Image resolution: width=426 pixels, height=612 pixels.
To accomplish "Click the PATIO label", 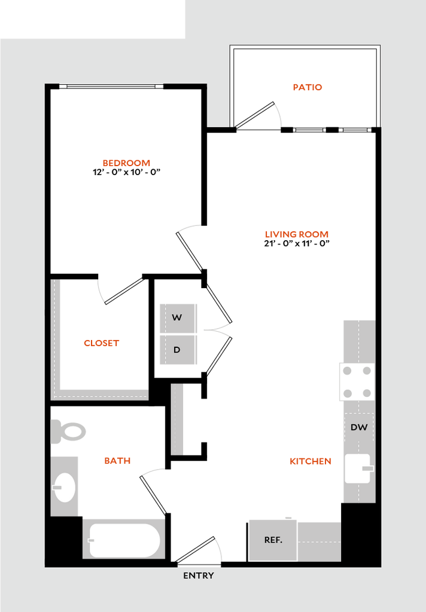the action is (x=308, y=87).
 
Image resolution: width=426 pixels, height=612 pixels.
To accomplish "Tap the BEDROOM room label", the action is (x=126, y=163).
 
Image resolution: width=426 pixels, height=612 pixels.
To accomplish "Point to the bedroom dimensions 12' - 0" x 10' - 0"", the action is (x=127, y=172).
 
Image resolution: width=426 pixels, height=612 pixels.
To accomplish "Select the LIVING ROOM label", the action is (x=297, y=234).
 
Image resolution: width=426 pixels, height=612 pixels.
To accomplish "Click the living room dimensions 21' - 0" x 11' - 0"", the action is (x=297, y=244).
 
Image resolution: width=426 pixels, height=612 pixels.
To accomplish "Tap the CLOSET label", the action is (x=101, y=343).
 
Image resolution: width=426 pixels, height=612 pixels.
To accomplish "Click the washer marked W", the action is (x=178, y=318).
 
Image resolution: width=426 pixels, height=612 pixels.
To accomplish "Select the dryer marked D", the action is (x=178, y=350).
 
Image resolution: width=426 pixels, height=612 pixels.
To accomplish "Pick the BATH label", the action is (x=117, y=461).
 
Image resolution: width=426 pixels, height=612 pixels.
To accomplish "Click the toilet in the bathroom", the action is (x=68, y=432).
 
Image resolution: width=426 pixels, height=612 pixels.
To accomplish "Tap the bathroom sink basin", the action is (x=64, y=487).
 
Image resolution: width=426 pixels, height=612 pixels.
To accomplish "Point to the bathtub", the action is (x=124, y=540).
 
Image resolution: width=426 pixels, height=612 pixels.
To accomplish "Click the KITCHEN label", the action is (x=311, y=461).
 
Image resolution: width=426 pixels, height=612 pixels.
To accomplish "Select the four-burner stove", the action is (x=357, y=382).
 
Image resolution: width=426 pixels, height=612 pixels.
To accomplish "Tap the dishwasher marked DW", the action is (x=359, y=427).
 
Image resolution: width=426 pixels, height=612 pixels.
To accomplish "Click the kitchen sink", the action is (x=358, y=469).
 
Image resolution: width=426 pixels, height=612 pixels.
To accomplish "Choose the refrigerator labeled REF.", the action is (x=273, y=540).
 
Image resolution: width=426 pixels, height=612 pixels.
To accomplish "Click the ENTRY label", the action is (x=199, y=576).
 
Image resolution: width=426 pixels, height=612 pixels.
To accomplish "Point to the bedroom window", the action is (x=111, y=86).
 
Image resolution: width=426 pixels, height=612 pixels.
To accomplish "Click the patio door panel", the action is (x=254, y=115).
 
